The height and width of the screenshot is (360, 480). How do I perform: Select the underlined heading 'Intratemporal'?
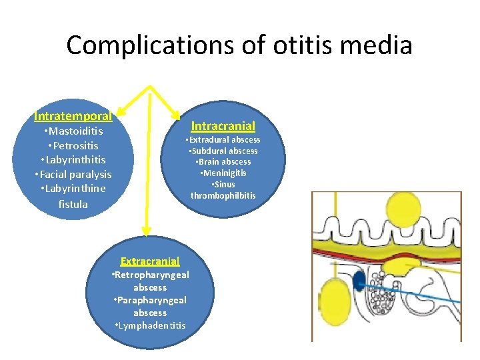pyautogui.click(x=73, y=116)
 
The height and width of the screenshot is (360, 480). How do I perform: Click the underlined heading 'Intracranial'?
pyautogui.click(x=223, y=125)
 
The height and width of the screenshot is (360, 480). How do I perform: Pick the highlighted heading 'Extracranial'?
pyautogui.click(x=150, y=261)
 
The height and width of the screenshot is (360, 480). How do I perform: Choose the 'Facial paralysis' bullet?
pyautogui.click(x=73, y=174)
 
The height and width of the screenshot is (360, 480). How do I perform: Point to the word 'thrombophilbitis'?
pyautogui.click(x=223, y=195)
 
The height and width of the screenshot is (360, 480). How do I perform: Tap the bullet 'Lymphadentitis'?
pyautogui.click(x=150, y=325)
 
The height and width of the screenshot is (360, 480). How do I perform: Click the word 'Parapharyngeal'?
pyautogui.click(x=151, y=300)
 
